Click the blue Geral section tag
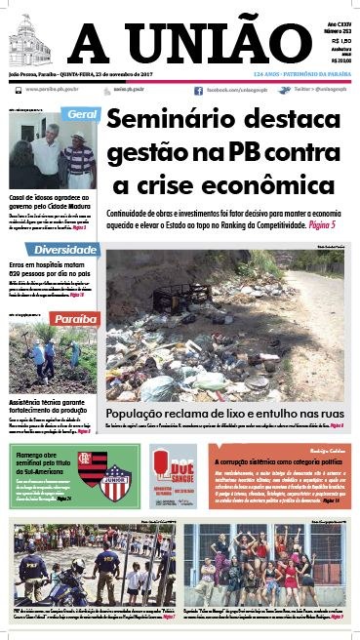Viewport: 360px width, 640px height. click(82, 115)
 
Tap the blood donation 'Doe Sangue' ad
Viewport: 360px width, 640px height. click(172, 477)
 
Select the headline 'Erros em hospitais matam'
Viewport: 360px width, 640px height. click(49, 265)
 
